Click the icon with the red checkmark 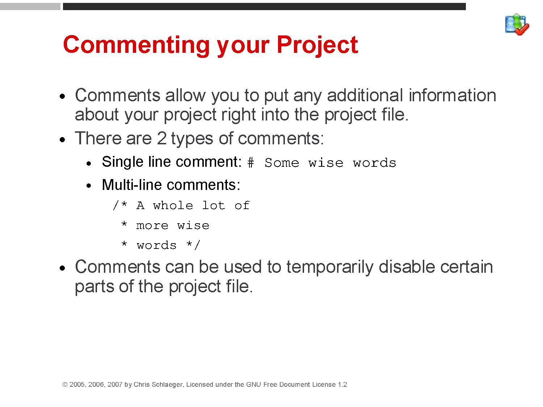point(517,25)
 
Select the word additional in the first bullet point(365,95)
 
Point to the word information point(452,95)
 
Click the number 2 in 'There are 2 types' point(161,138)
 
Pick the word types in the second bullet point(192,139)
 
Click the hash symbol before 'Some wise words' point(251,163)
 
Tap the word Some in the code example point(282,163)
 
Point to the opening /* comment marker point(120,205)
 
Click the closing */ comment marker point(193,245)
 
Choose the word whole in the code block point(173,205)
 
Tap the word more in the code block point(152,226)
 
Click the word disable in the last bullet point(407,267)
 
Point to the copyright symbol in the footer point(65,385)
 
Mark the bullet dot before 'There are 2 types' point(62,140)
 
